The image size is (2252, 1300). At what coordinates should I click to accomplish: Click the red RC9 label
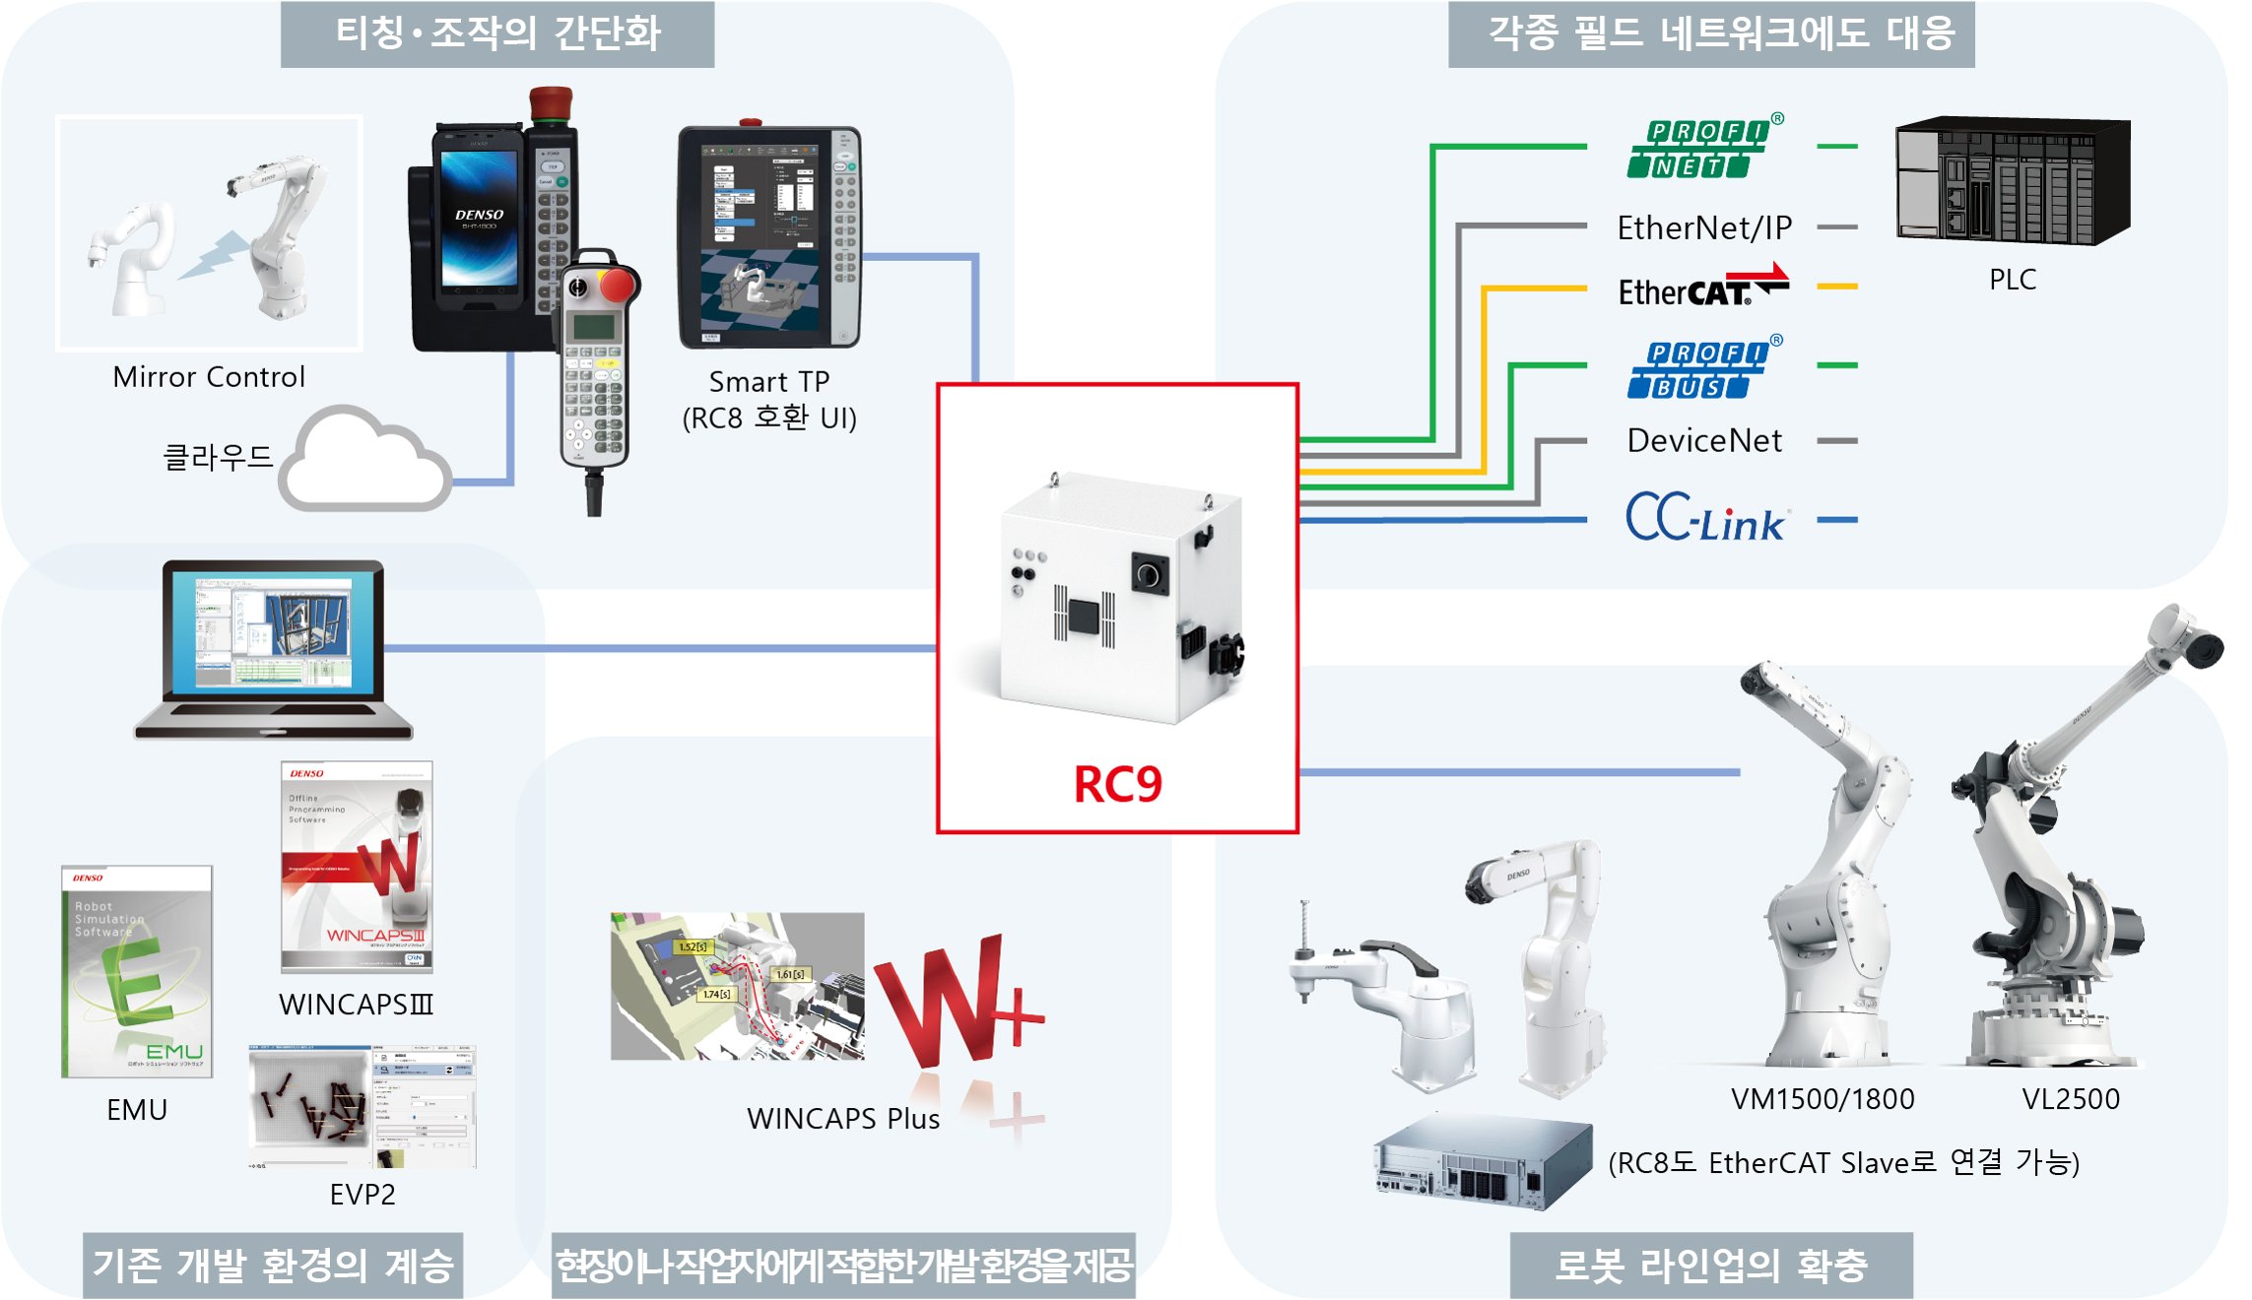coord(1117,784)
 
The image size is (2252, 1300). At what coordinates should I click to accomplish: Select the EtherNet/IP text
coord(1704,227)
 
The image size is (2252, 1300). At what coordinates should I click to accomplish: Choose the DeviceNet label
coord(1704,440)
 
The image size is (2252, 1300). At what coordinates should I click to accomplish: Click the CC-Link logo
coord(1704,518)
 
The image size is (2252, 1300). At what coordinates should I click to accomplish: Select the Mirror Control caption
coord(209,377)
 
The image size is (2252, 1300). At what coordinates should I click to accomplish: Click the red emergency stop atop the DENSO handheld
coord(551,103)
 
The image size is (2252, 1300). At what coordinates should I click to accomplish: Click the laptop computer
coord(273,650)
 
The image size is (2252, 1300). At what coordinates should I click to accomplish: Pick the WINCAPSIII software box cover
coord(357,867)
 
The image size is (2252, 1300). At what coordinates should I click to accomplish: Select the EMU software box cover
coord(137,971)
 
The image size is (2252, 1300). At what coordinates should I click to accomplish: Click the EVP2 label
coord(363,1195)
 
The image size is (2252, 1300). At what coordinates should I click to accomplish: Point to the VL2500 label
coord(2071,1099)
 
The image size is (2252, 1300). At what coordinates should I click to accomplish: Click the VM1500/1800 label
coord(1822,1099)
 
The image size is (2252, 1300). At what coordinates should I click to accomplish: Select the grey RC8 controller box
coord(1483,1162)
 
